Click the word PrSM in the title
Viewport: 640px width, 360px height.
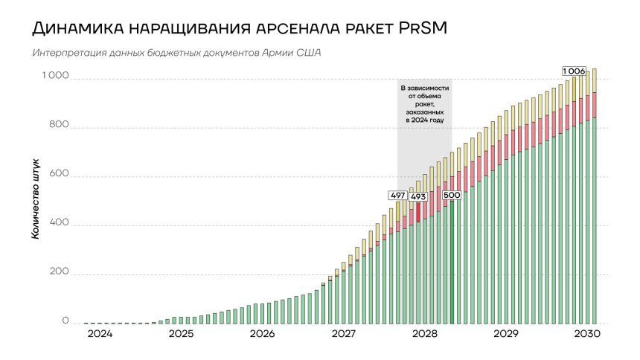419,30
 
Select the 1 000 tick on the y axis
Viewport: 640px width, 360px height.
55,76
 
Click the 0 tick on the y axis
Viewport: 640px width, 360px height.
65,323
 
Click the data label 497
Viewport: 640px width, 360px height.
398,196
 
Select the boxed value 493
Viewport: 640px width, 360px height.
418,196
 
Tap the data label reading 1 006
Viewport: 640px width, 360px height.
574,71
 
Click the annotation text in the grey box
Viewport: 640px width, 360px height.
424,103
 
